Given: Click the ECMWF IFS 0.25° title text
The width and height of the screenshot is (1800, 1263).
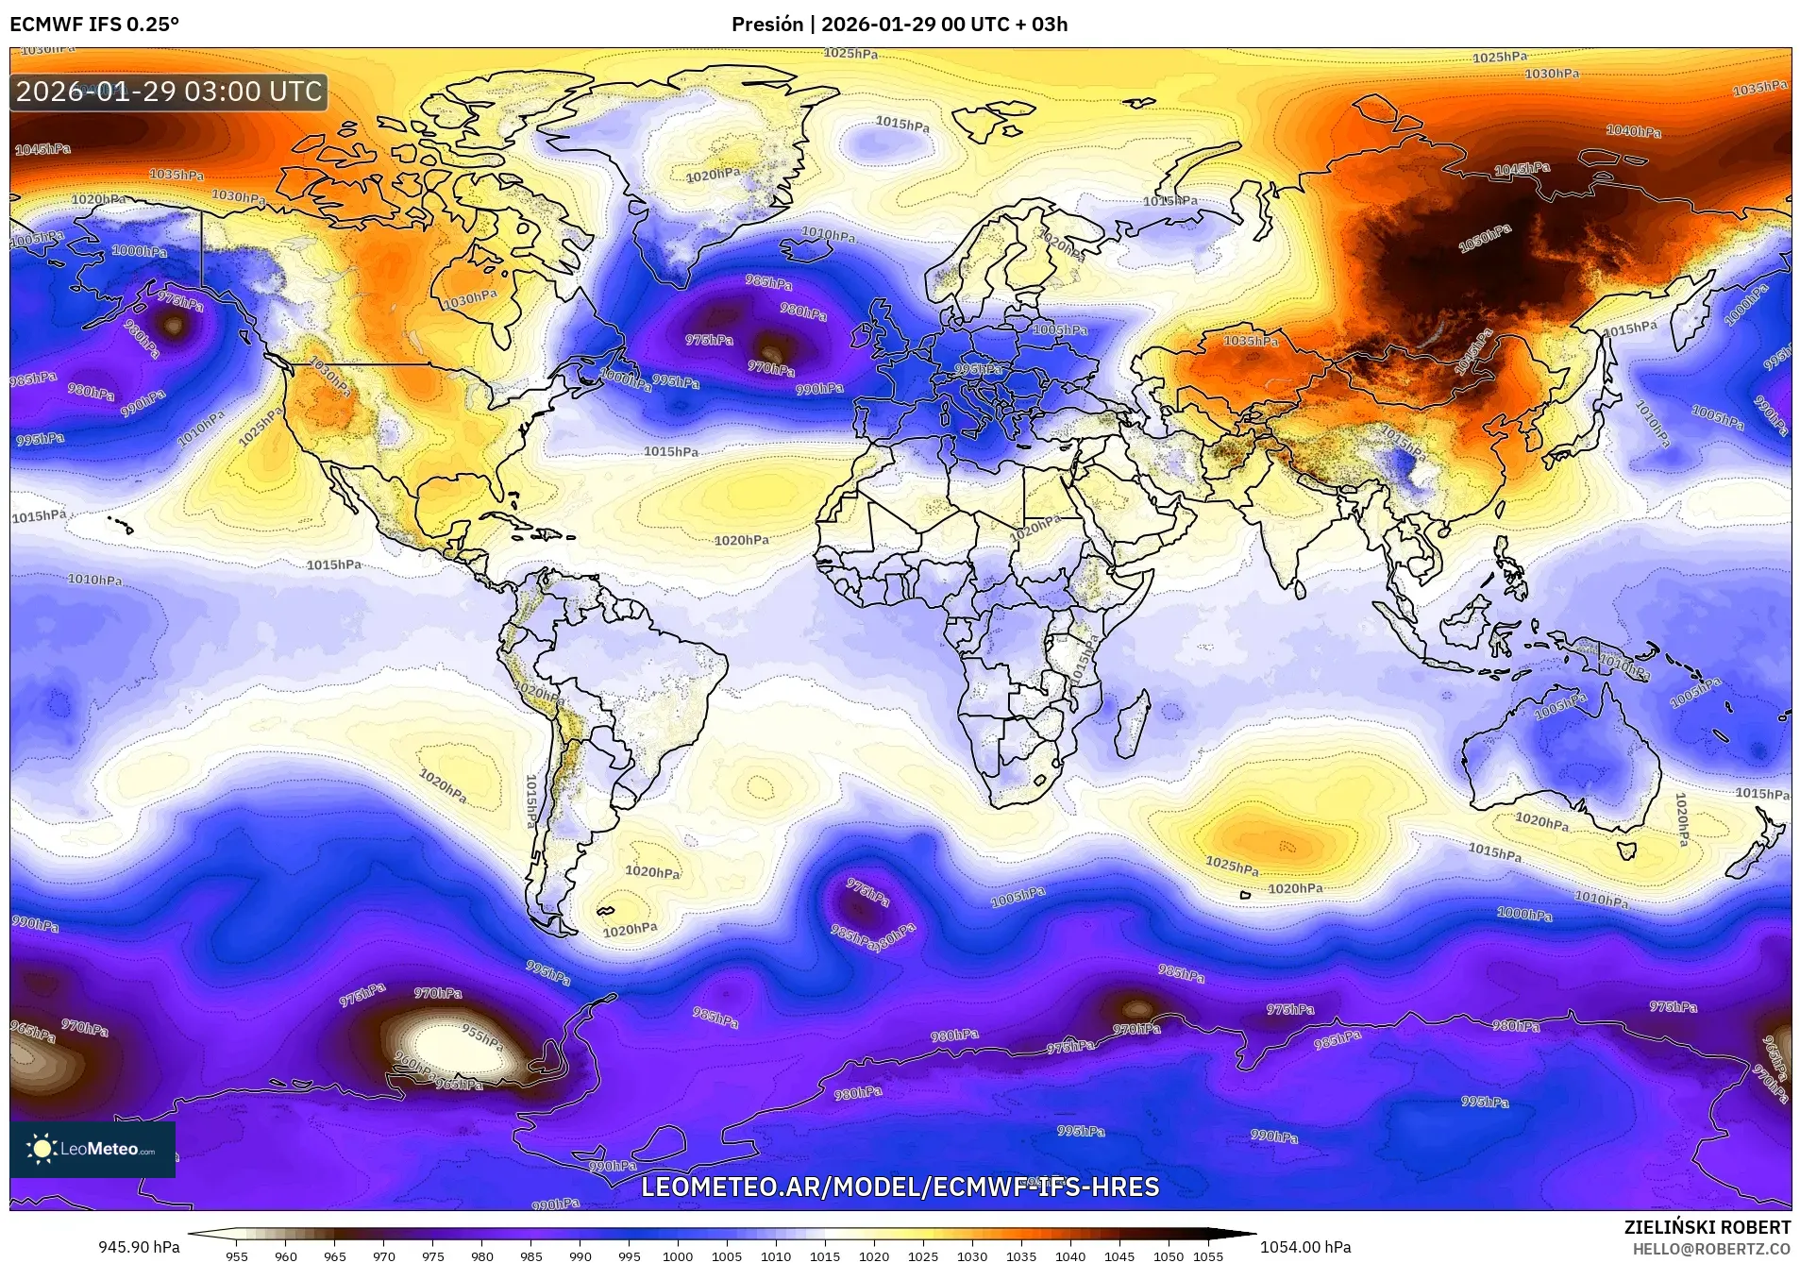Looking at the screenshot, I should pos(93,25).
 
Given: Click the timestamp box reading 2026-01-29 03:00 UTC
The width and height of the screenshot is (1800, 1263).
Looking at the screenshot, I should pos(169,92).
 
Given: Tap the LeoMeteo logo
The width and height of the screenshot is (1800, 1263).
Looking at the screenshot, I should pos(93,1149).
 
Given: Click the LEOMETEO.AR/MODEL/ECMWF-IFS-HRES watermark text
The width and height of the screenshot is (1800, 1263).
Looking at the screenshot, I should pos(900,1187).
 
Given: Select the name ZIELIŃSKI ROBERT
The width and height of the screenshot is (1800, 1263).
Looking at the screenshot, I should pos(1707,1227).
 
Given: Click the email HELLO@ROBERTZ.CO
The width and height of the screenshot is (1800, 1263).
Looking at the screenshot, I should pos(1711,1248).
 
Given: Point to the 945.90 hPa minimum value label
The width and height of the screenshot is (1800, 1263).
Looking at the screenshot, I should pos(139,1247).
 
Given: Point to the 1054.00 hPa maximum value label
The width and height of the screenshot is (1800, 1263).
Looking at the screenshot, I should pos(1304,1247).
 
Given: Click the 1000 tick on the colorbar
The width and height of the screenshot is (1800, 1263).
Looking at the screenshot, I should pos(677,1256).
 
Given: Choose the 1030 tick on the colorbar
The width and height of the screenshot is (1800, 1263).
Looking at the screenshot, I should pos(971,1256).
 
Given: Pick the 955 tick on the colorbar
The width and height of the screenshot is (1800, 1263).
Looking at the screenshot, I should pos(237,1256).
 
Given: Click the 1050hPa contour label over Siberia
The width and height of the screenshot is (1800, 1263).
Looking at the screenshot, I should pos(1484,239).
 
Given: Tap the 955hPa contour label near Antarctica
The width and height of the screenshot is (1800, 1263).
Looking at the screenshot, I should pos(481,1036).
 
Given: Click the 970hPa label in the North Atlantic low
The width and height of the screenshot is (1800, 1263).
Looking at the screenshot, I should pos(770,369).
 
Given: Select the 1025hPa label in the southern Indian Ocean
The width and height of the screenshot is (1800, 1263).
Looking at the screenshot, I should pos(1232,866).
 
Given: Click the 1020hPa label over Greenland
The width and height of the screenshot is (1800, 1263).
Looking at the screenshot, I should pos(713,176).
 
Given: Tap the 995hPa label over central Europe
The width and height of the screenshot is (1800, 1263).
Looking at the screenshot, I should pos(978,369).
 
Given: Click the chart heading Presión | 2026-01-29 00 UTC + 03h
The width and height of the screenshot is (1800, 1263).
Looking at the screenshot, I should pos(900,25).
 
